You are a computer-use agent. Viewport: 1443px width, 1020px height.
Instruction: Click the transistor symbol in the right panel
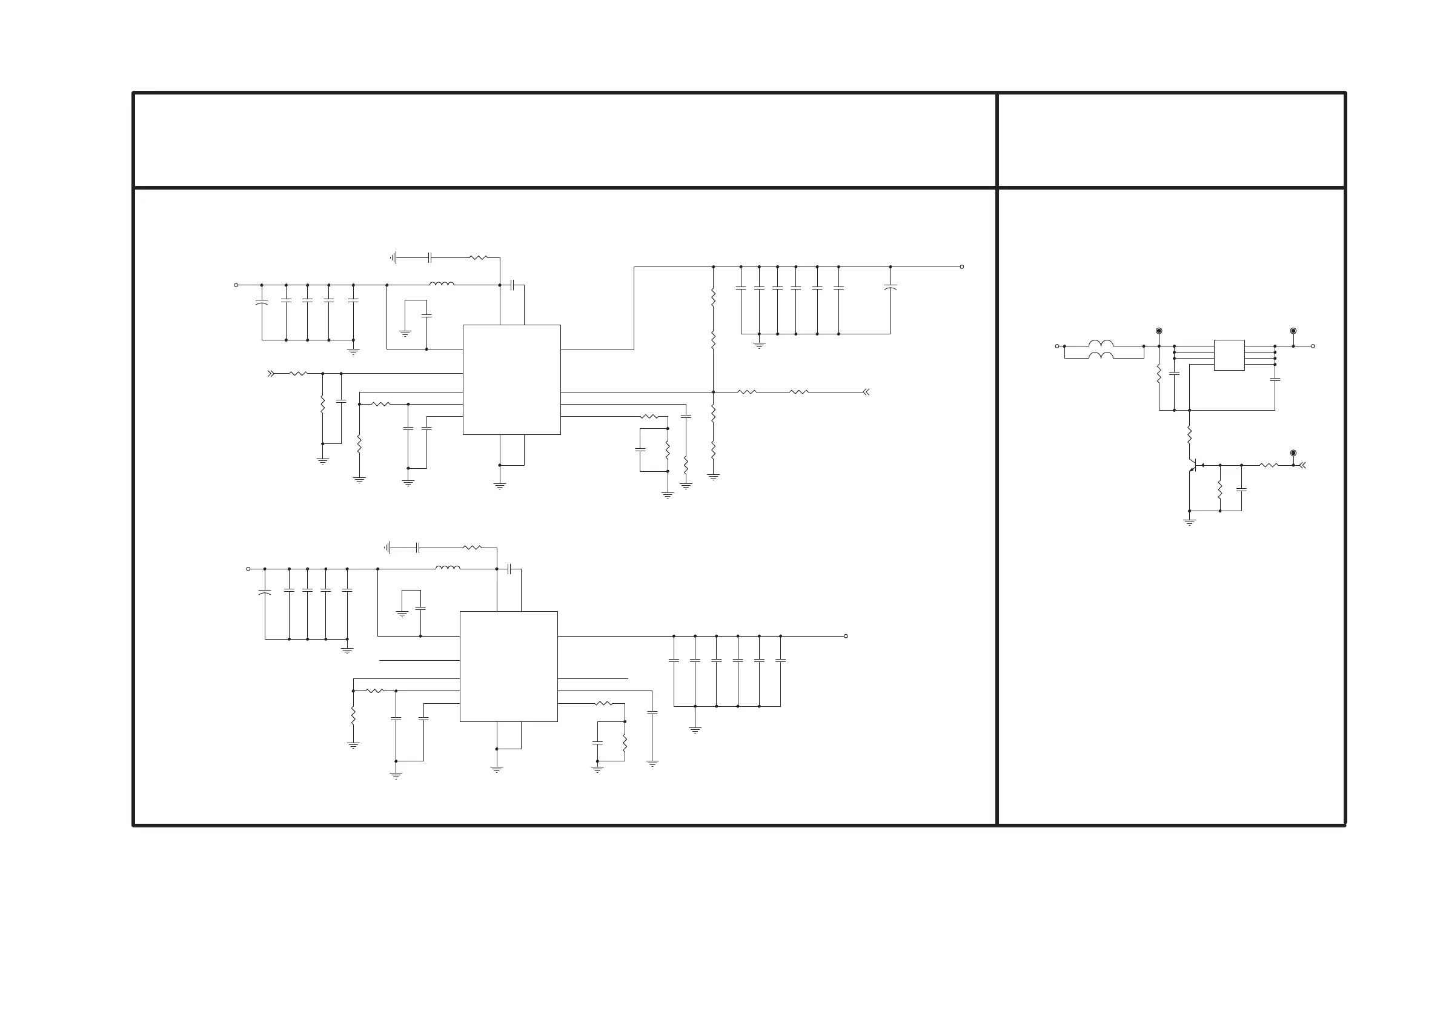tap(1192, 466)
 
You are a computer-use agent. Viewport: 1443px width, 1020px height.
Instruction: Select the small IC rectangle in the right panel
tap(1229, 355)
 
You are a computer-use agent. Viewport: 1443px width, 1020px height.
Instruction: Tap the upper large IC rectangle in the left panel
tap(511, 380)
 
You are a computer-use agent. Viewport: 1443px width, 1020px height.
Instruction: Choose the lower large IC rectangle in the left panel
tap(508, 666)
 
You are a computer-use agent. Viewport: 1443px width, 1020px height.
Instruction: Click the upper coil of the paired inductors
tap(1101, 344)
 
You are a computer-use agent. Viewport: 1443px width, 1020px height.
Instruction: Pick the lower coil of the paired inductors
tap(1101, 356)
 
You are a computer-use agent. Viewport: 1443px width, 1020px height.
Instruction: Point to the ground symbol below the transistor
tap(1189, 521)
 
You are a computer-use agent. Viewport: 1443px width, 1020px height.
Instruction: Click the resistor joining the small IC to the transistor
tap(1189, 434)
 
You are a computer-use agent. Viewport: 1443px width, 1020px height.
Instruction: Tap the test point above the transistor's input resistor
tap(1293, 453)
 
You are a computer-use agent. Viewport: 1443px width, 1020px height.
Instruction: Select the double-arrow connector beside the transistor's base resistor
tap(1303, 466)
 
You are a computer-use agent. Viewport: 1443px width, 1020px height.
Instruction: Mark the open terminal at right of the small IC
tap(1313, 346)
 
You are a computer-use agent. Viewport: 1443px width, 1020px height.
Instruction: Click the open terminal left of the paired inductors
tap(1057, 346)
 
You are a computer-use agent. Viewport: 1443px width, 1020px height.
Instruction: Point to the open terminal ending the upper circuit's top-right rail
tap(961, 267)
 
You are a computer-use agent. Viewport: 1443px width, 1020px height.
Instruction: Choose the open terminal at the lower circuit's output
tap(846, 636)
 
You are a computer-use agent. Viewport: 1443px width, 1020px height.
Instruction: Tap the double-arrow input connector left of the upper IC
tap(271, 373)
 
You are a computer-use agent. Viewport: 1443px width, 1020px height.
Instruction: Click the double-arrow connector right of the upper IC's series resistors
tap(866, 392)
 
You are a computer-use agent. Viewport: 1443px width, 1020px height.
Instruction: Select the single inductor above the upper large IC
tap(442, 284)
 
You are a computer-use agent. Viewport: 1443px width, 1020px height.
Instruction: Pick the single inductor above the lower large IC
tap(448, 568)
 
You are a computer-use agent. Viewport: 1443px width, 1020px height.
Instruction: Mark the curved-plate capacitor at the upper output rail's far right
tap(890, 287)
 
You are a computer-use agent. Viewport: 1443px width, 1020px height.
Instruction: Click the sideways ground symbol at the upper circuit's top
tap(393, 257)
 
